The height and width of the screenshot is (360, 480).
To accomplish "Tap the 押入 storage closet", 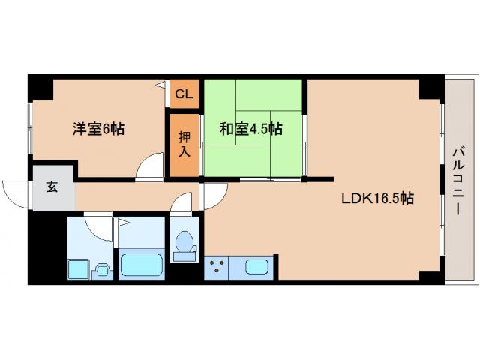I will click(184, 145).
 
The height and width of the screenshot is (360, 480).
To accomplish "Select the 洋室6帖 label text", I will click(98, 128).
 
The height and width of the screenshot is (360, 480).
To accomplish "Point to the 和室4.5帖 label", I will click(251, 128).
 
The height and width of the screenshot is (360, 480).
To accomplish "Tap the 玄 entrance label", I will click(53, 188).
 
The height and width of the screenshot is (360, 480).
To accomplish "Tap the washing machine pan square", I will click(78, 267).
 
